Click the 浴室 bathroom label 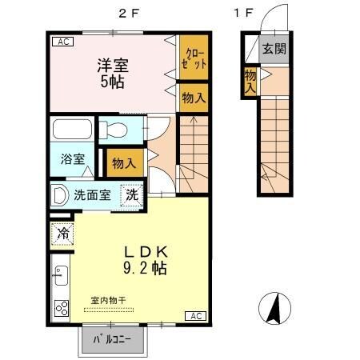tap(73, 158)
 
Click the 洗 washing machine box tap(130, 194)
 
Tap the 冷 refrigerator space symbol tap(63, 234)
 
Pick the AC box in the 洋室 tap(61, 42)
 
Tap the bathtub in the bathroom tap(73, 130)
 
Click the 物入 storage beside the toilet tap(123, 162)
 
